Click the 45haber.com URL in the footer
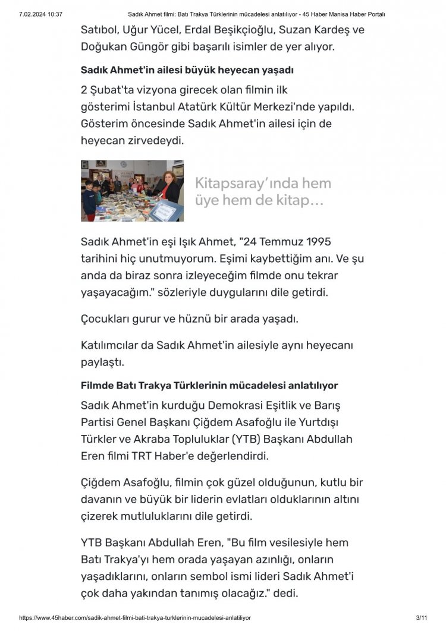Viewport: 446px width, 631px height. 135,618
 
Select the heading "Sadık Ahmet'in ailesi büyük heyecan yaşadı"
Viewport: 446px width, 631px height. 187,70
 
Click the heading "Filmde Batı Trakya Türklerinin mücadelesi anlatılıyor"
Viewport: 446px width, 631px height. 218,386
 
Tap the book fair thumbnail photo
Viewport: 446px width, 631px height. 132,190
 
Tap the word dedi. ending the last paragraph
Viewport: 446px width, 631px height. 283,594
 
